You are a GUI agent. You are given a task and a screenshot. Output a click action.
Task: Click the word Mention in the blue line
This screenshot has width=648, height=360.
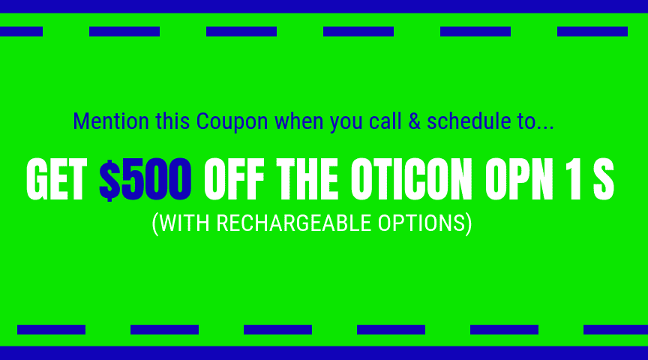[x=111, y=121]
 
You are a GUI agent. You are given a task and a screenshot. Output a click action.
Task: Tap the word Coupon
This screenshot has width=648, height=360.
[x=232, y=122]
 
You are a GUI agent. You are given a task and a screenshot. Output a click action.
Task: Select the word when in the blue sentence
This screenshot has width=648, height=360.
[x=298, y=121]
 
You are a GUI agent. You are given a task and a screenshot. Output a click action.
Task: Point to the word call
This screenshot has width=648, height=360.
[x=385, y=121]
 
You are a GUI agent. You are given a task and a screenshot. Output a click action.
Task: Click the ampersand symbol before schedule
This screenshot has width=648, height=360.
[x=415, y=121]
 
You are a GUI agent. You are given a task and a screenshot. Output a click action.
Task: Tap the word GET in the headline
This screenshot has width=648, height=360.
[x=56, y=179]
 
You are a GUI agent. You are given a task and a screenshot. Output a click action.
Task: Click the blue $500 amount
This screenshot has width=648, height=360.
[x=145, y=179]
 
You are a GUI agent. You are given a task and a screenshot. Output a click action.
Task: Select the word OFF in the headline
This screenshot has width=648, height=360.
[x=234, y=179]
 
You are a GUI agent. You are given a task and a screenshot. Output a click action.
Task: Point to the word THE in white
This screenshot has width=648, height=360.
[x=307, y=179]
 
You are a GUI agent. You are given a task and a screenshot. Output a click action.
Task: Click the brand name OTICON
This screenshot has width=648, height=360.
[x=411, y=179]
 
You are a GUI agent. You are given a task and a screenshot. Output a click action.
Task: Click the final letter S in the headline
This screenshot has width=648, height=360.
[x=604, y=179]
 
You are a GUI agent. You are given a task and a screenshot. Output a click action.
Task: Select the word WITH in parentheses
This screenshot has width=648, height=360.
[x=184, y=223]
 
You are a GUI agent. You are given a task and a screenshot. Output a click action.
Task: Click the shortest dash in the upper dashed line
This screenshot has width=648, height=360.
[x=22, y=31]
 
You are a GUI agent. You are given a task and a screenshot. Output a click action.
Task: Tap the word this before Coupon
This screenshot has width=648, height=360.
[x=172, y=121]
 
